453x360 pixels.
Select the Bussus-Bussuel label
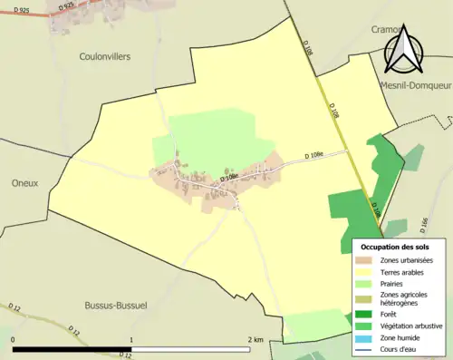click(x=115, y=306)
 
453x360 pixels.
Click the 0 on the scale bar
click(x=14, y=340)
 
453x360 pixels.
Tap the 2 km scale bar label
click(x=255, y=340)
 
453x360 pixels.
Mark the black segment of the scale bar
click(x=72, y=349)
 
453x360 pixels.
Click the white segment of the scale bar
click(x=191, y=349)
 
